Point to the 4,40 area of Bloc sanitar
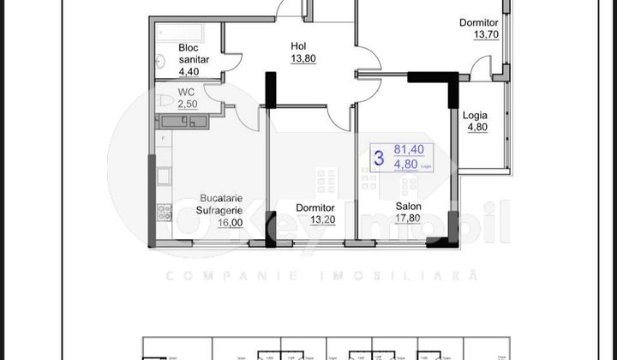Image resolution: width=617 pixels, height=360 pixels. (x=189, y=74)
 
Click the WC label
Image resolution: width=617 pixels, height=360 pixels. (x=188, y=92)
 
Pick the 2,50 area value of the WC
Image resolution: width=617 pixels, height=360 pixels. (x=188, y=104)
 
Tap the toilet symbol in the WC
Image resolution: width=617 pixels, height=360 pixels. (x=165, y=102)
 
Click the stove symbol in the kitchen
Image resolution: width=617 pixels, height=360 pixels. (x=164, y=212)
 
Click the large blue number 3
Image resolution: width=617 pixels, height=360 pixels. (x=378, y=158)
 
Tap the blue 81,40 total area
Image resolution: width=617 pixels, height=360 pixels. (x=407, y=150)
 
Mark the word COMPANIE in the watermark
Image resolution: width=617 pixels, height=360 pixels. (x=207, y=276)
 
